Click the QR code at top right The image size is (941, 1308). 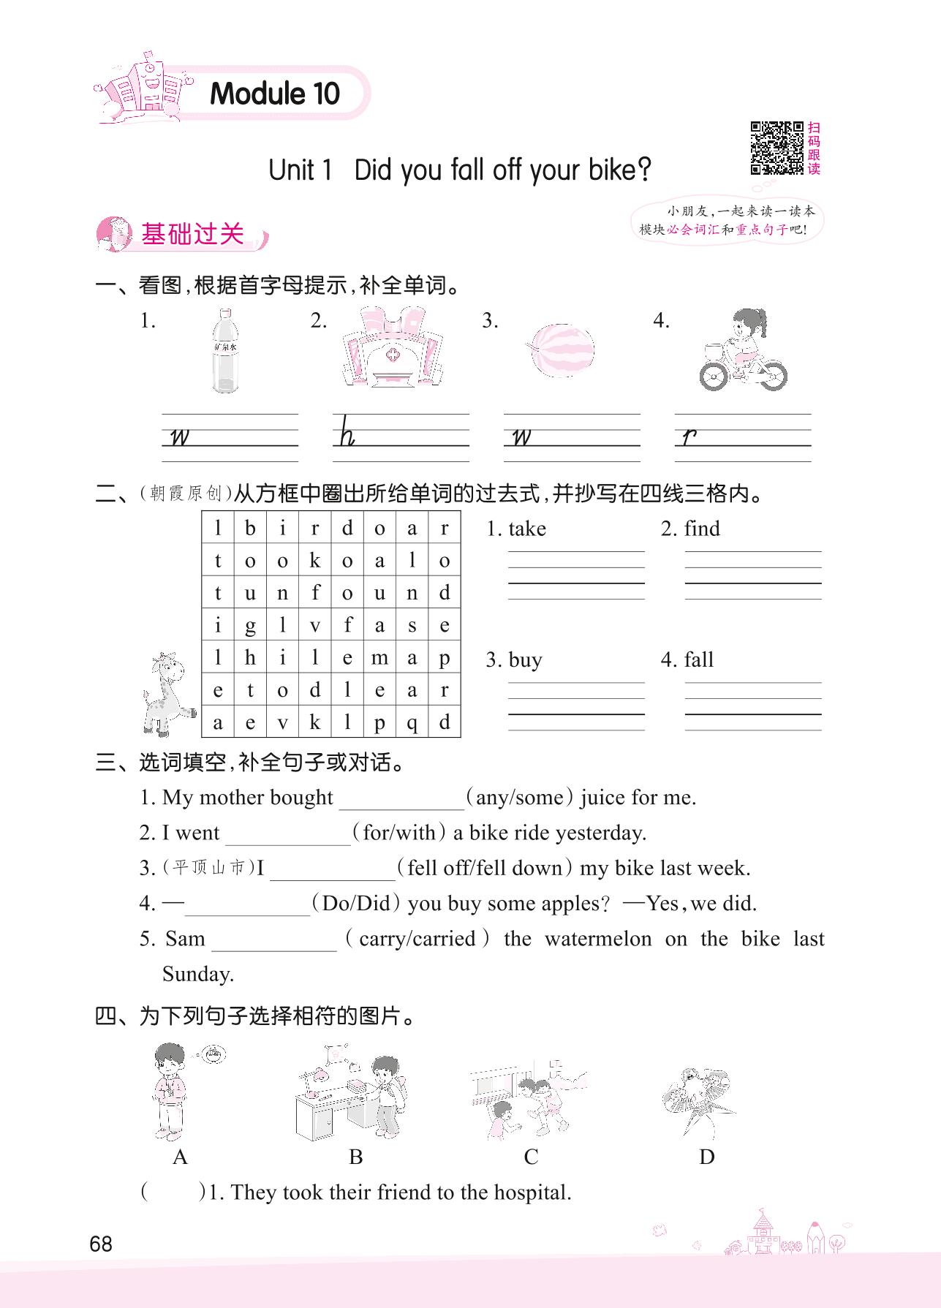(776, 148)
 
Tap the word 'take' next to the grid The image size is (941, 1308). (527, 529)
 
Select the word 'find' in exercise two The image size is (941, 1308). (702, 529)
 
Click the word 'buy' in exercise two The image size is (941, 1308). (525, 659)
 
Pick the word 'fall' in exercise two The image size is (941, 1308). (698, 659)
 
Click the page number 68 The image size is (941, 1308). (101, 1244)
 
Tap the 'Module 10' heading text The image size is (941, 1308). (275, 94)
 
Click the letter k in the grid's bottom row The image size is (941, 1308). (314, 722)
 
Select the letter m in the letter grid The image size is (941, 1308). (379, 658)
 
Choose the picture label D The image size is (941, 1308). (706, 1157)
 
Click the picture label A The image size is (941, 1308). (180, 1157)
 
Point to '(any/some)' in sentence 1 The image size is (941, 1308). (520, 797)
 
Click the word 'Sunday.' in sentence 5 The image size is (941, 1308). (198, 974)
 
